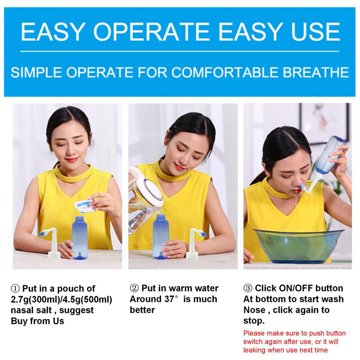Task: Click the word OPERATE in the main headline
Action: tap(152, 31)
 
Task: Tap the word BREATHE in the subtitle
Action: tap(316, 72)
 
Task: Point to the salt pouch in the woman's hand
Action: tap(85, 206)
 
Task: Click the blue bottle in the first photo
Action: tap(80, 238)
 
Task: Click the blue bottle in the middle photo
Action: tap(161, 236)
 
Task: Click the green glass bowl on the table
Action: tap(298, 246)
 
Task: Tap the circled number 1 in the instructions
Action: tap(15, 288)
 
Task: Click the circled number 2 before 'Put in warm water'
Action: tap(134, 288)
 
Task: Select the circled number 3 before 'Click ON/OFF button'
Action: tap(248, 288)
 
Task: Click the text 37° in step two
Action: tap(171, 299)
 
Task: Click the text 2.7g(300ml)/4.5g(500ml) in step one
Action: tap(62, 300)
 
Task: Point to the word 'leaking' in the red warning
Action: tap(254, 350)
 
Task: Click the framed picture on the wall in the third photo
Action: tap(324, 123)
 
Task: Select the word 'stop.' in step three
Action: tap(254, 321)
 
